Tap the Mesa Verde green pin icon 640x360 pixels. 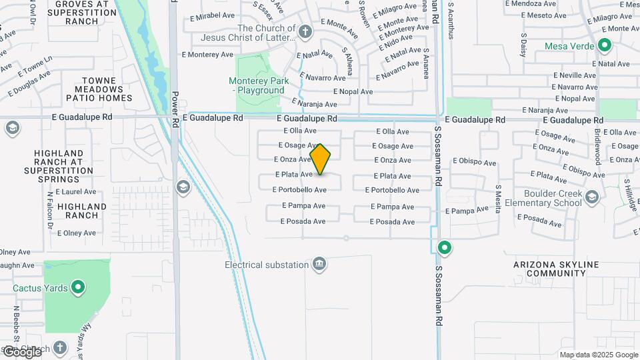click(x=605, y=46)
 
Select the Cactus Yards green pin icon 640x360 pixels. click(x=78, y=288)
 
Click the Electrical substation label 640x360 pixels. click(x=267, y=265)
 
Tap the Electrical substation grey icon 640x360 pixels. click(x=320, y=265)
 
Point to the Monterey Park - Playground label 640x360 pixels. click(x=257, y=85)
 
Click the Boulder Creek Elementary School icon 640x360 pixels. click(x=593, y=197)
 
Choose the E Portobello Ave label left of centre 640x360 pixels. click(x=299, y=190)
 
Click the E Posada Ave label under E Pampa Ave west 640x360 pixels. click(x=303, y=221)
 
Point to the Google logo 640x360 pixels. click(x=22, y=351)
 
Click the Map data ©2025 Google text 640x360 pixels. click(x=599, y=355)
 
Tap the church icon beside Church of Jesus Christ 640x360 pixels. click(x=305, y=31)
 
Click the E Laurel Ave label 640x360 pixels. click(x=76, y=191)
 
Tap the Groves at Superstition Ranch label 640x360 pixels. click(x=81, y=13)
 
